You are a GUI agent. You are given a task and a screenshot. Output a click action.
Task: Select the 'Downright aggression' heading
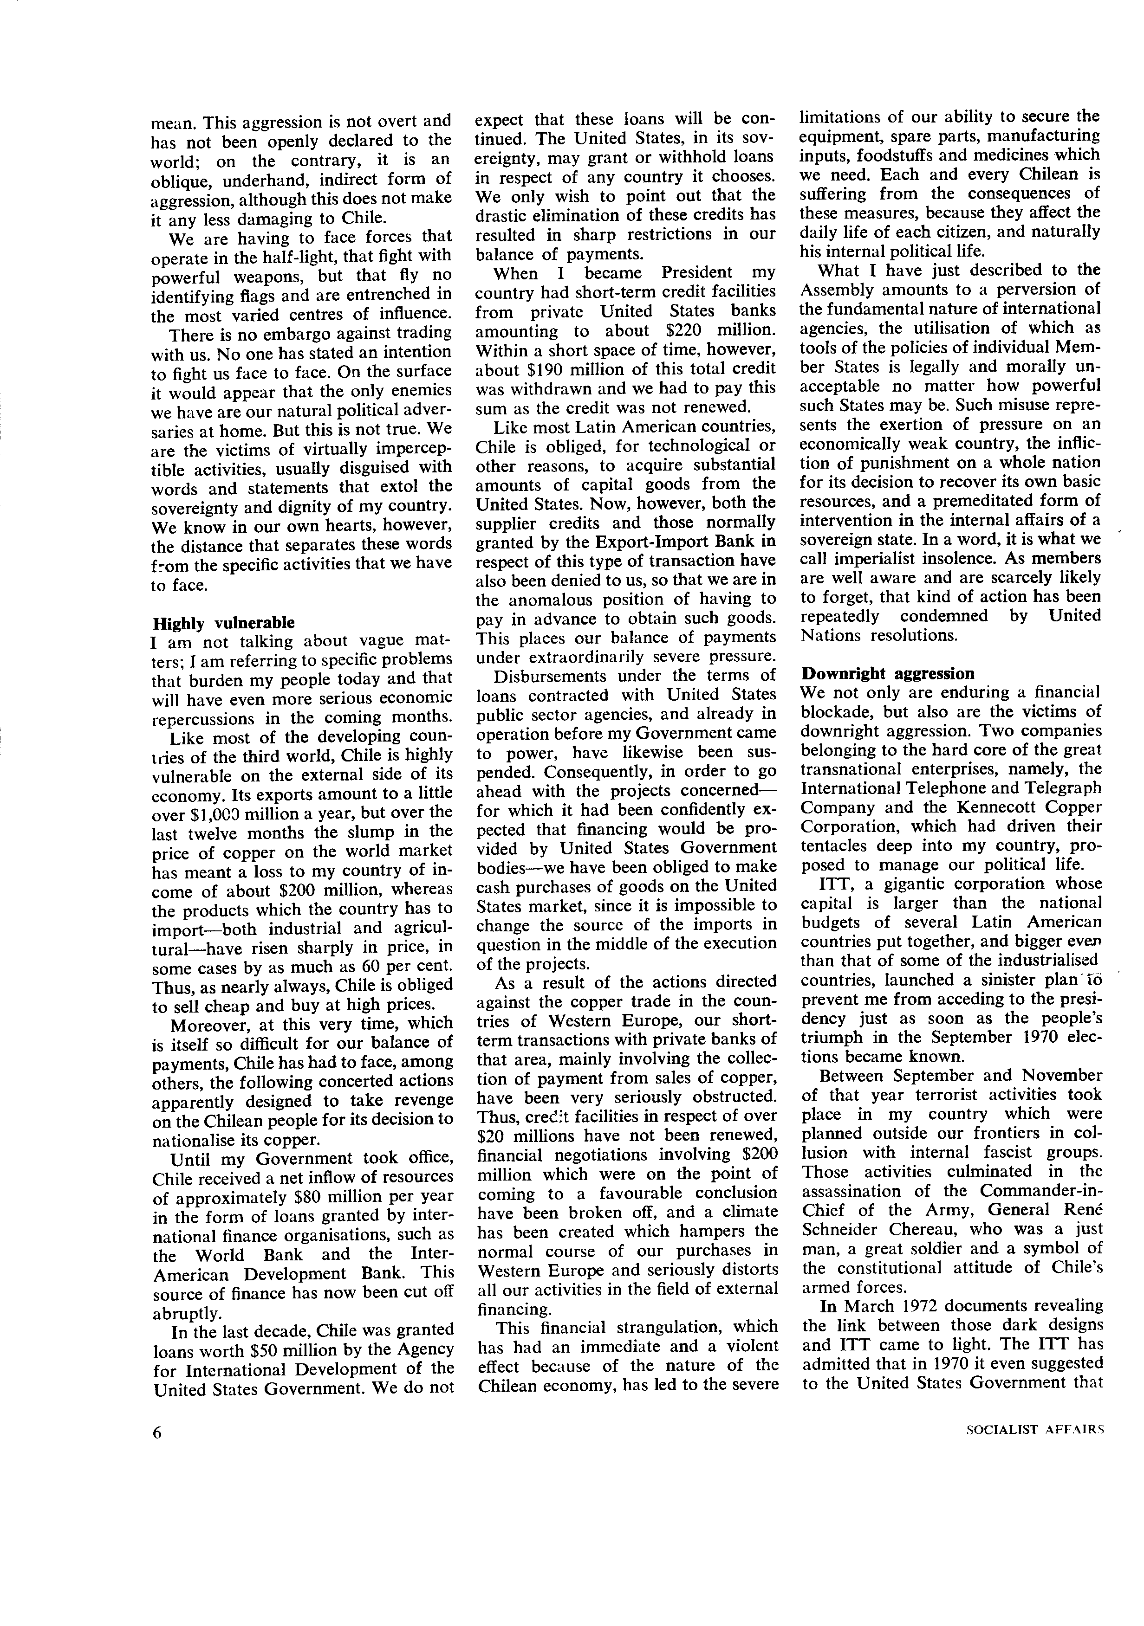coord(888,673)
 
